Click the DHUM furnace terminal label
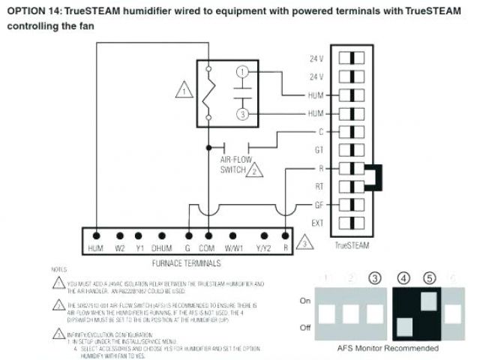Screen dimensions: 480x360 [x=161, y=248]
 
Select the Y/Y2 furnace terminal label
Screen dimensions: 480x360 [x=263, y=248]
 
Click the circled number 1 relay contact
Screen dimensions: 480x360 [x=241, y=71]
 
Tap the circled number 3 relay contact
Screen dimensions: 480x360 [x=241, y=114]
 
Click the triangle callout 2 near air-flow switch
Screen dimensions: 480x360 [x=256, y=169]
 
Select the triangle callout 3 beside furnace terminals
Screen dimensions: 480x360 [x=304, y=244]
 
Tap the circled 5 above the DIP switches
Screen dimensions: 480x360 [x=429, y=278]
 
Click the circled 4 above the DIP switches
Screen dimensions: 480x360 [x=403, y=278]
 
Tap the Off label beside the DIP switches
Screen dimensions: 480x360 [x=305, y=327]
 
